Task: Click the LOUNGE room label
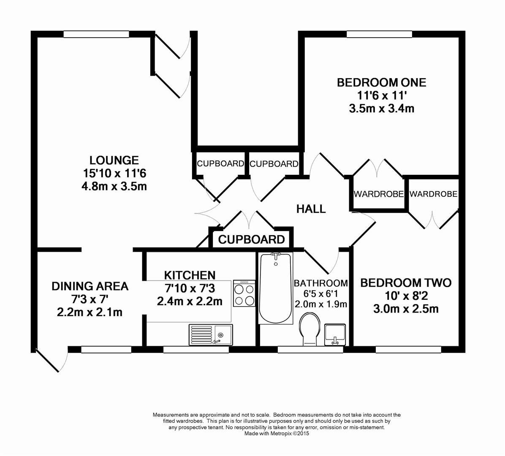point(114,160)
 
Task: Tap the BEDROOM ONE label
point(381,82)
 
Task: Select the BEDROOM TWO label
point(405,282)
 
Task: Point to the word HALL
point(311,209)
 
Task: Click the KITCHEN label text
point(190,275)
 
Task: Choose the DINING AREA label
point(90,286)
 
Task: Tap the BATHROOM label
point(321,283)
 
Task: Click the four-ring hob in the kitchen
point(244,293)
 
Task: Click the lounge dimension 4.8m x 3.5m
point(114,186)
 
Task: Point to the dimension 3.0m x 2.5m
point(405,309)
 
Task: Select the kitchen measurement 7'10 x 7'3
point(190,288)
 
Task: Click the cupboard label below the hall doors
point(251,240)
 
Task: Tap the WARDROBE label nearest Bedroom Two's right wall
point(433,194)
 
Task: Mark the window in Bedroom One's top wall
point(379,34)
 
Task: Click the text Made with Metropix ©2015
point(277,433)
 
